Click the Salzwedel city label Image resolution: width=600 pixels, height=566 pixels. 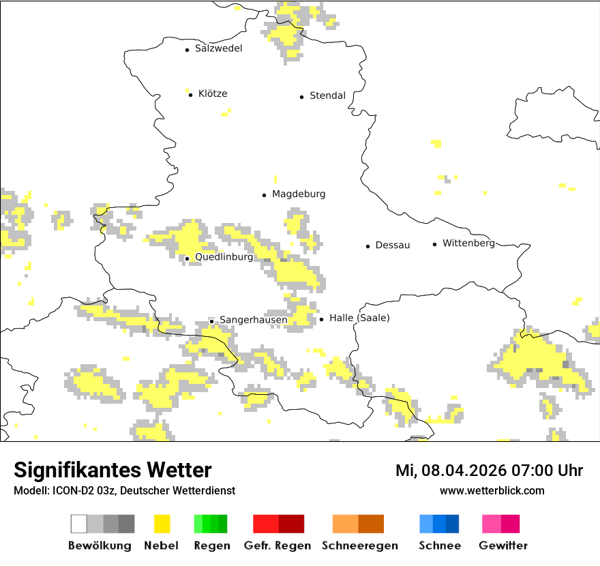(218, 48)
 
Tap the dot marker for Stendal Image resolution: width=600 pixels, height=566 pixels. (301, 97)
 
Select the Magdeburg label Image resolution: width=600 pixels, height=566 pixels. (299, 194)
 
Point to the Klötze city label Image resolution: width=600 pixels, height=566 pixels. (213, 94)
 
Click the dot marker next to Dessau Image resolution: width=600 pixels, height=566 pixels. (367, 246)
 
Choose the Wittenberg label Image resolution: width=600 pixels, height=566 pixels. (468, 243)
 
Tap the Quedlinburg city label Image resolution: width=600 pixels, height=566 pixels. (224, 258)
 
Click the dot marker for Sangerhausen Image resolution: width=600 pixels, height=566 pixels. (211, 321)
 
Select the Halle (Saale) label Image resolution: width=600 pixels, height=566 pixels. (359, 318)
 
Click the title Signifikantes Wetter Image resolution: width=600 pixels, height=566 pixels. (112, 471)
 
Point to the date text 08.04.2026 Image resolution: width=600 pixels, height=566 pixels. (464, 471)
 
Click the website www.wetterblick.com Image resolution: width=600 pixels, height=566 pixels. (492, 491)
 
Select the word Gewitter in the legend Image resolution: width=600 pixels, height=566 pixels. (502, 546)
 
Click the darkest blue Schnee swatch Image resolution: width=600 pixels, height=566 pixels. (453, 524)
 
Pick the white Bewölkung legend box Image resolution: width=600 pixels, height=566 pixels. (78, 524)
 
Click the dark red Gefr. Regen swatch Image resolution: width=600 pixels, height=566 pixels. (291, 524)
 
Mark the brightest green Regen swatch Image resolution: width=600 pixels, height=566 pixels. (198, 524)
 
